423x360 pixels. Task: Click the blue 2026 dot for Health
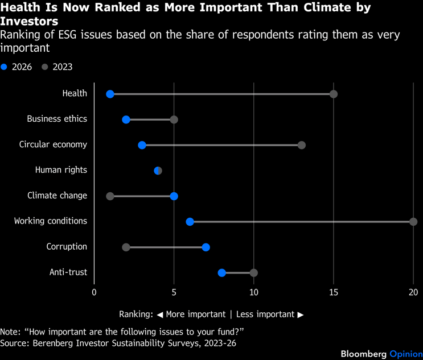(110, 94)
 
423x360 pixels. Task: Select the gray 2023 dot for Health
(334, 94)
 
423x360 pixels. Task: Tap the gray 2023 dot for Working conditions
(413, 222)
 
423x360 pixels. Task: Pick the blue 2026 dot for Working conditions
(190, 222)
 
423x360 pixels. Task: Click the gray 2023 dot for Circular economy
(302, 145)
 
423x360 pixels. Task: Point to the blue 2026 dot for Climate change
(174, 196)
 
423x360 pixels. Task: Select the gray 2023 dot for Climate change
(110, 196)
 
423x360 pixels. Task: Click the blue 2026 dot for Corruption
(206, 247)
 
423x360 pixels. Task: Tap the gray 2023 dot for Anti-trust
(254, 273)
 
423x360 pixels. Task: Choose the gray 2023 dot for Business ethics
(174, 119)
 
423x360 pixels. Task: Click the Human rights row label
(61, 170)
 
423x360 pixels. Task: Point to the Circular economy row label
(53, 144)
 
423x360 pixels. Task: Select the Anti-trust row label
(68, 272)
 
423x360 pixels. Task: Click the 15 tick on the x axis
(334, 292)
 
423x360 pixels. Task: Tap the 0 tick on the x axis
(95, 292)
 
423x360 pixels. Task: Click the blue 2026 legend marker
(4, 67)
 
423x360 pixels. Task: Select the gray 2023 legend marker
(45, 67)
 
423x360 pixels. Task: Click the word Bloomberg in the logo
(363, 354)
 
